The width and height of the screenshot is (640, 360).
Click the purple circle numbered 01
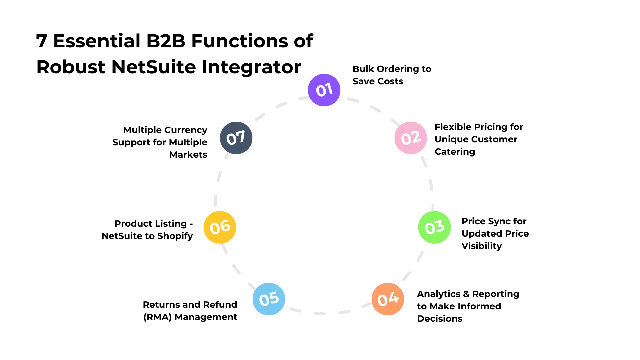click(324, 90)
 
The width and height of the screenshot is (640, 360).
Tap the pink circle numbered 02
click(411, 138)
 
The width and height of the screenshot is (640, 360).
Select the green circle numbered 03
click(434, 227)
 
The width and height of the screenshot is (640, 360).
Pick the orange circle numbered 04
click(388, 299)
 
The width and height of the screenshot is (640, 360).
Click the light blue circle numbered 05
click(269, 299)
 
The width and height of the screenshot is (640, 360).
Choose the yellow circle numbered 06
click(220, 227)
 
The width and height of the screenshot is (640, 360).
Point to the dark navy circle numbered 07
click(236, 138)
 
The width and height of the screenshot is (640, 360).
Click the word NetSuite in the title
click(154, 67)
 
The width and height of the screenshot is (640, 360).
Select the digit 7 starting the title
click(41, 41)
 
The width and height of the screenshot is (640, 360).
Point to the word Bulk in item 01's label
click(363, 69)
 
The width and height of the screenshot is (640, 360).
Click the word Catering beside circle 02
click(455, 152)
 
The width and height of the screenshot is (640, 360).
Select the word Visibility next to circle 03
click(481, 246)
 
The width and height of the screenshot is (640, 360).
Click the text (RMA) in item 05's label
click(157, 317)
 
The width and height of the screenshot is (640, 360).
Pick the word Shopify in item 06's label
click(175, 236)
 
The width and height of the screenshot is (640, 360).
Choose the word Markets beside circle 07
click(188, 155)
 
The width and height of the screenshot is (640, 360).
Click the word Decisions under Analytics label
click(439, 319)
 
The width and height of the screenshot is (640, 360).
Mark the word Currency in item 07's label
click(186, 130)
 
